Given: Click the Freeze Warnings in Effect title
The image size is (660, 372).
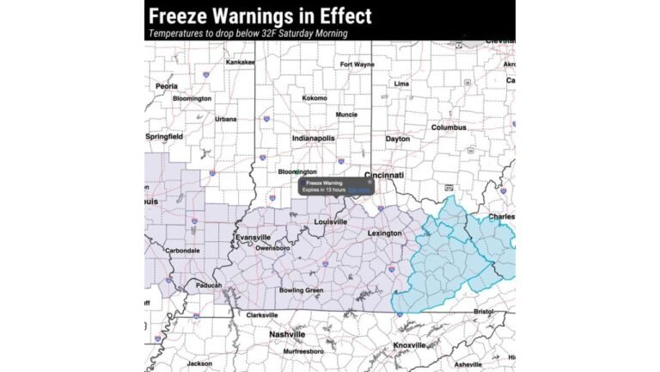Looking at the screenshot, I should (260, 15).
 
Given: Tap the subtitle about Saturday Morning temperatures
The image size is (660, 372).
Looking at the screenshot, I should (247, 34).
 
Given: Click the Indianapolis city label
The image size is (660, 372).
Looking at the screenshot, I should (313, 138).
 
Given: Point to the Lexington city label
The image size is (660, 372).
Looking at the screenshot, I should (384, 233).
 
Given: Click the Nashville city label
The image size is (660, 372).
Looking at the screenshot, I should (287, 333).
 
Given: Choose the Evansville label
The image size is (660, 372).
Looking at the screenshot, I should (253, 237).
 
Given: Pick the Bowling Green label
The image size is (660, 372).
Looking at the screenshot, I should (301, 290).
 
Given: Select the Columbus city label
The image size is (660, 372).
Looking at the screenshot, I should (448, 127).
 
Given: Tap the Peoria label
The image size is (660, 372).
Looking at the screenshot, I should (167, 86).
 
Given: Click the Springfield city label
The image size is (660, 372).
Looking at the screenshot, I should (164, 136).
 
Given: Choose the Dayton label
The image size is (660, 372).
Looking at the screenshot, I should (397, 139).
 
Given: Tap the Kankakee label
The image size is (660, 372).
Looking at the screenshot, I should (241, 62).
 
